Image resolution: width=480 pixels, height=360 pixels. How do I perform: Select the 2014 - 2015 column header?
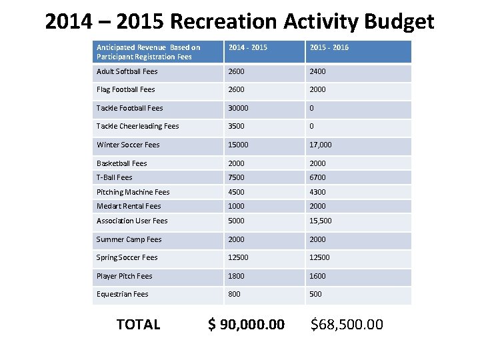tap(247, 47)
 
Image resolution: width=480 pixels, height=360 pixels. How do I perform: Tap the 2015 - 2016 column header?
tap(329, 47)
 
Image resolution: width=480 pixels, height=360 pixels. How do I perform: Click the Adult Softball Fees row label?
tap(127, 71)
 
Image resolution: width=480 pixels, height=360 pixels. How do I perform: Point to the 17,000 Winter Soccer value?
tap(321, 145)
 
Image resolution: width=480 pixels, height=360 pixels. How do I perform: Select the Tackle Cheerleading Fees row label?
tap(138, 126)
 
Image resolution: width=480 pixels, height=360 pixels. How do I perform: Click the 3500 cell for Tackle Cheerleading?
tap(237, 126)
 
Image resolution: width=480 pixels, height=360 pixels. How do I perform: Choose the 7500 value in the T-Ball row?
tap(237, 177)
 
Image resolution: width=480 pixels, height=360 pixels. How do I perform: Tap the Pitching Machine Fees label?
tap(133, 192)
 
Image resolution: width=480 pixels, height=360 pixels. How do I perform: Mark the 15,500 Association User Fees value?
tap(321, 221)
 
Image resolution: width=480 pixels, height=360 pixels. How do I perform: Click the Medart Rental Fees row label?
tap(129, 206)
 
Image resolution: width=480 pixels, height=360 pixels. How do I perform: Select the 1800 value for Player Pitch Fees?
tap(237, 276)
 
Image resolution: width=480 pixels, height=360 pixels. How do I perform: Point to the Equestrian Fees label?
tap(123, 294)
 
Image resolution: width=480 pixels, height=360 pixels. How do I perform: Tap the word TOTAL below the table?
tap(138, 325)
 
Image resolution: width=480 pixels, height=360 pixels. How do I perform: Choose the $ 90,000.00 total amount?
tap(247, 325)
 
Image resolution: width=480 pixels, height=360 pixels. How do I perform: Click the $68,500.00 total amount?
tap(347, 325)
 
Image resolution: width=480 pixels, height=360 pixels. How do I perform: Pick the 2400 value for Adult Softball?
tap(317, 71)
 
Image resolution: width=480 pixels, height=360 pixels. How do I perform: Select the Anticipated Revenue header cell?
tap(149, 52)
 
